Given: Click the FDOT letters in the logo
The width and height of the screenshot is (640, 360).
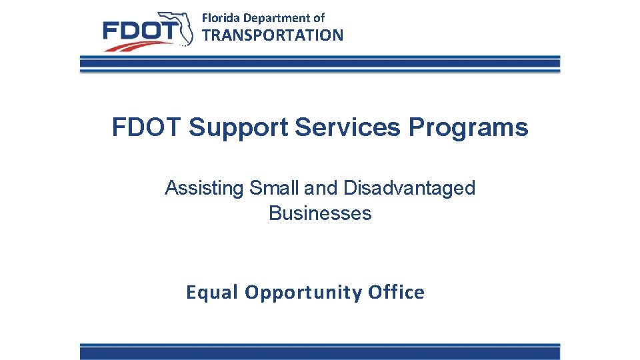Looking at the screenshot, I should (x=140, y=31).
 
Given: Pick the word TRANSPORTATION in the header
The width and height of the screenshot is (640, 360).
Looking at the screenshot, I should (x=273, y=35).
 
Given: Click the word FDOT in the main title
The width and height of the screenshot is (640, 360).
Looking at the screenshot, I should (x=147, y=127).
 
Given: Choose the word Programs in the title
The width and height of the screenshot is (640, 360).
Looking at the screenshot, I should (x=468, y=127).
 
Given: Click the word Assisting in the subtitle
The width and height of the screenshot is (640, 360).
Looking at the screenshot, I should (x=205, y=189).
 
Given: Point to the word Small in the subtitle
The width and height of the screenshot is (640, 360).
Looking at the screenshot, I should (x=275, y=188).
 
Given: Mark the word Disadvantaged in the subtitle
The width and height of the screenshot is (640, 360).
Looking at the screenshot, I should (x=409, y=189).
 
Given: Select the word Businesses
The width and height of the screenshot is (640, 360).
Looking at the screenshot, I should (x=320, y=213).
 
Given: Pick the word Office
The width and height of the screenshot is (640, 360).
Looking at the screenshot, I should (x=396, y=292).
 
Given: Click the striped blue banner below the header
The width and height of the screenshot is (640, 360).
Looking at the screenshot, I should (x=320, y=64).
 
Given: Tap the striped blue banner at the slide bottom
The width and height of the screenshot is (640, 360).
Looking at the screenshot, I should (x=320, y=351).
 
